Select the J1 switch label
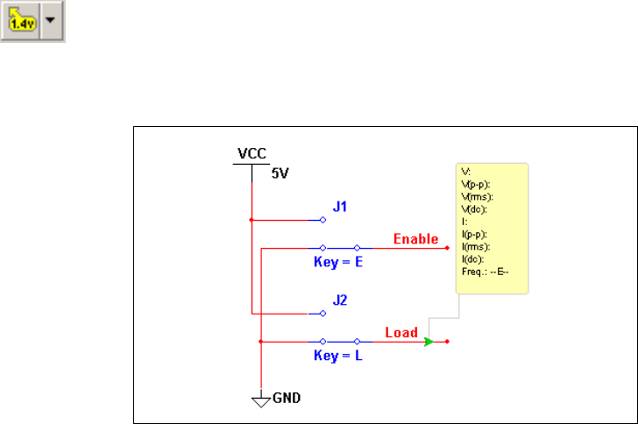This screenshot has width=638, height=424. (x=340, y=207)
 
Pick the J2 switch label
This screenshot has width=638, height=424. (x=340, y=300)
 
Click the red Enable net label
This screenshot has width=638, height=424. (x=415, y=239)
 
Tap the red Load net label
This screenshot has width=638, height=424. (x=401, y=333)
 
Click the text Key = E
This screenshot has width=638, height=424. (x=338, y=261)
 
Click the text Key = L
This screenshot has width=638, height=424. (x=338, y=356)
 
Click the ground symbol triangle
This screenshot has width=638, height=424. (x=260, y=401)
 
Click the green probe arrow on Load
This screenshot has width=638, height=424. (x=429, y=342)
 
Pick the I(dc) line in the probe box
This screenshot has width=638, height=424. (x=473, y=259)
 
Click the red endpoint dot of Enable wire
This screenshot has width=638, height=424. (x=448, y=248)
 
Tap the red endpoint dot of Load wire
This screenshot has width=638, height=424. (x=448, y=342)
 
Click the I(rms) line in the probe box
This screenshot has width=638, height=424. (x=475, y=247)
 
